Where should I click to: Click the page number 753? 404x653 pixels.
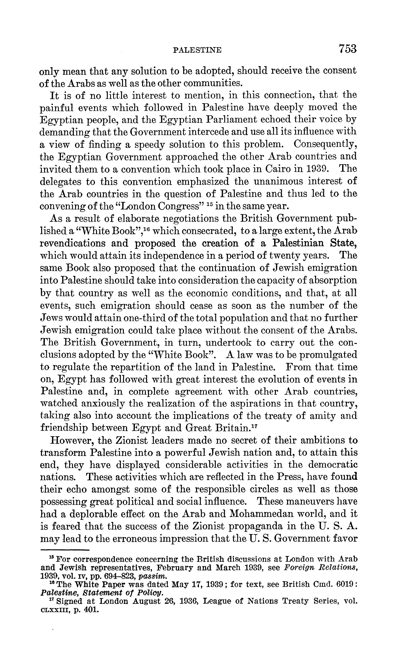tap(347, 49)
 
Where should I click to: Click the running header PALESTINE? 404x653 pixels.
tap(197, 50)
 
